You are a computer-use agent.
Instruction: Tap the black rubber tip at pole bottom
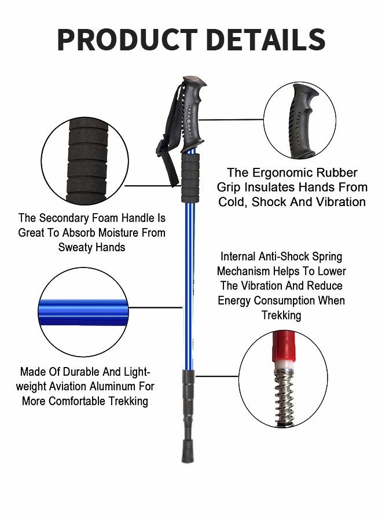click(x=187, y=452)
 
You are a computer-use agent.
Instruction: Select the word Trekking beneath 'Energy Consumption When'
click(x=281, y=315)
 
